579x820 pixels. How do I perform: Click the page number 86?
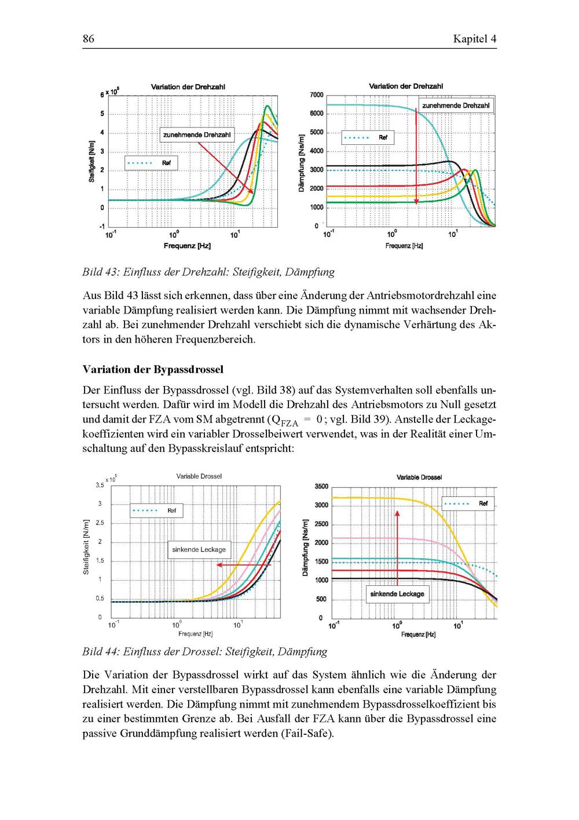coord(88,39)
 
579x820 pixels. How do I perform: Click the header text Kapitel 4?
coord(475,39)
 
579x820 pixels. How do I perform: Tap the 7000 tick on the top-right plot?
coord(316,94)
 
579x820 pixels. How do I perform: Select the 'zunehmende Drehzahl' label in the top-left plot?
coord(197,135)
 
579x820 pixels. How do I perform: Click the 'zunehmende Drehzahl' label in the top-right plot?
coord(456,105)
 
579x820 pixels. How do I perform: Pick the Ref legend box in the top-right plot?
coord(368,137)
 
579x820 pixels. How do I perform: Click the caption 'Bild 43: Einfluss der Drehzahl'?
coord(208,271)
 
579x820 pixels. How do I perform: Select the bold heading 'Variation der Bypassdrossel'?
coord(153,369)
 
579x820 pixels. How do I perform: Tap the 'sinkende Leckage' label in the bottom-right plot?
coord(397,594)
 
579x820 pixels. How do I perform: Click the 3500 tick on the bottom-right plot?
coord(321,486)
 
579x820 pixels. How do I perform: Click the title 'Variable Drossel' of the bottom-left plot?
coord(199,476)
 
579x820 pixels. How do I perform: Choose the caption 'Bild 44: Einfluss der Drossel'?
coord(204,651)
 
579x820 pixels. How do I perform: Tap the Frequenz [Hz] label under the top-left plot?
coord(187,246)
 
